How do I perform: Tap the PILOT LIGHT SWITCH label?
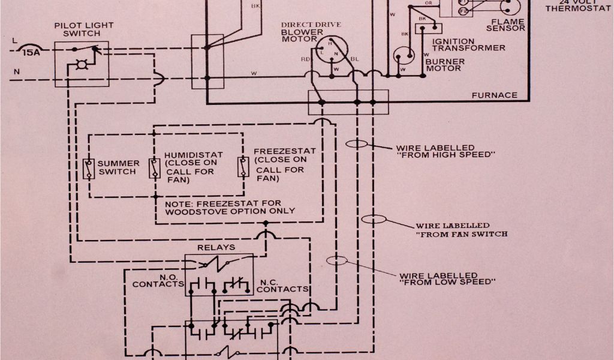pyautogui.click(x=83, y=29)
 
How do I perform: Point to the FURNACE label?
pyautogui.click(x=494, y=95)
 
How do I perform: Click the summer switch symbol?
pyautogui.click(x=89, y=168)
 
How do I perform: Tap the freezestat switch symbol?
pyautogui.click(x=243, y=167)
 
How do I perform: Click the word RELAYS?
pyautogui.click(x=216, y=247)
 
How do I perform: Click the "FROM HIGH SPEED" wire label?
pyautogui.click(x=444, y=151)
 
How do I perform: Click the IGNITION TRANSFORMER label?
pyautogui.click(x=468, y=44)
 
